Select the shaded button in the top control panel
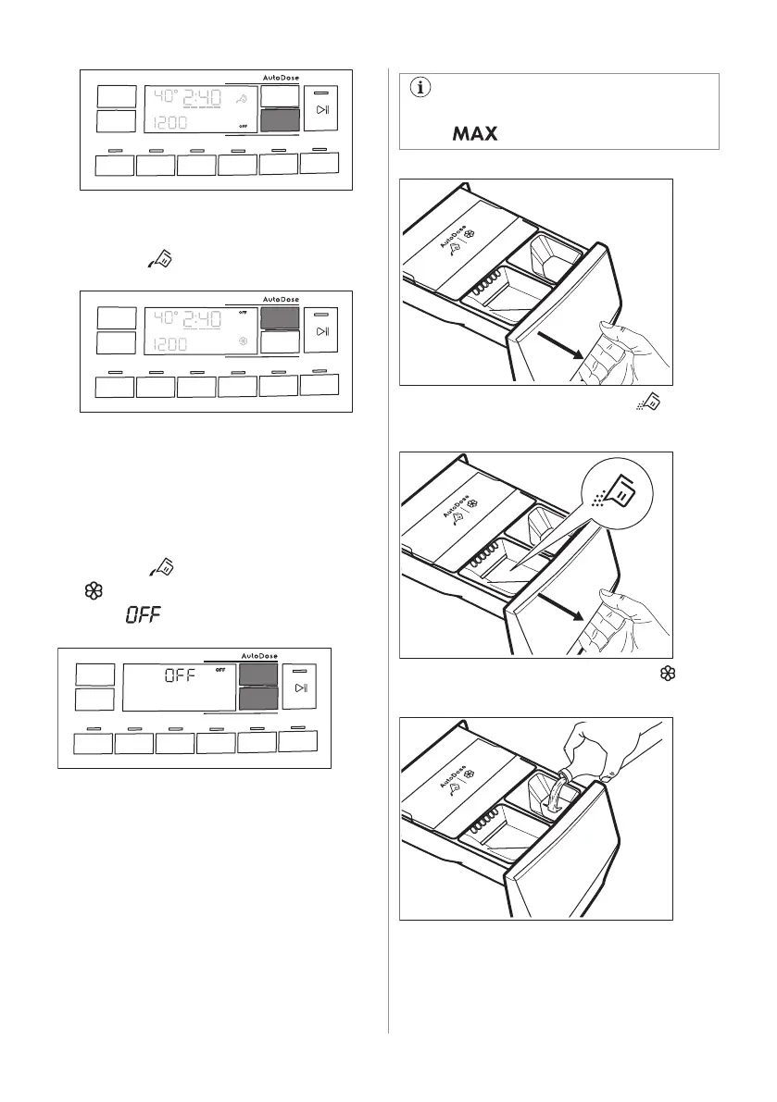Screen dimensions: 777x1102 coord(280,120)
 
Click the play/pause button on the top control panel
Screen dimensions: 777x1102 coord(321,108)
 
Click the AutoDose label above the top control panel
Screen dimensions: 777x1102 coord(277,78)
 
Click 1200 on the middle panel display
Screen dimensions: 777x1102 coord(170,344)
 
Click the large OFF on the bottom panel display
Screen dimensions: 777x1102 coord(182,675)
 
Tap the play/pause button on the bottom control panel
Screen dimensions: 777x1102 coord(300,688)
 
